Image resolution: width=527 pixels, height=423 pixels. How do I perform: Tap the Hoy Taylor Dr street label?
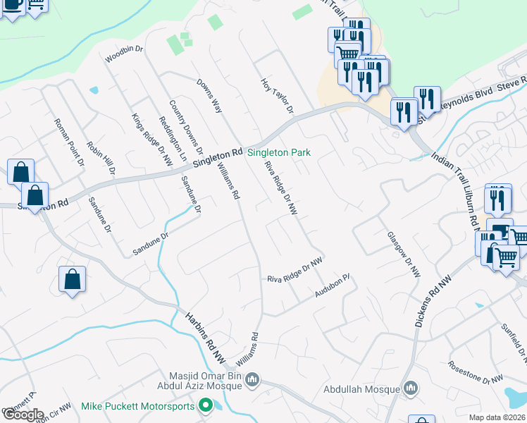click(x=277, y=96)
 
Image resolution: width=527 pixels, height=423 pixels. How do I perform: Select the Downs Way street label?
click(x=210, y=96)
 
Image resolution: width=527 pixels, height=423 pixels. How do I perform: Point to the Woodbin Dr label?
click(x=124, y=54)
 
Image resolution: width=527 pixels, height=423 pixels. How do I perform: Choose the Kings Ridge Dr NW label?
click(x=152, y=140)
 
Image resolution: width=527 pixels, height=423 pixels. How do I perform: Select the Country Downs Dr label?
click(x=185, y=128)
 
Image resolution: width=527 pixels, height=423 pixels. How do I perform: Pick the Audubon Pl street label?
click(x=333, y=286)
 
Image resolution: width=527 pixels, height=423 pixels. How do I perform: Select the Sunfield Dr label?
click(x=512, y=338)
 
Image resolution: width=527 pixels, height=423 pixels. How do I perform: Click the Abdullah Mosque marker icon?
click(x=410, y=388)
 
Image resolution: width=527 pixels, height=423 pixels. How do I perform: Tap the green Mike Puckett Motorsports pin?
click(x=205, y=405)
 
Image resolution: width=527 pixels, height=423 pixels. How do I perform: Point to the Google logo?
click(x=23, y=415)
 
